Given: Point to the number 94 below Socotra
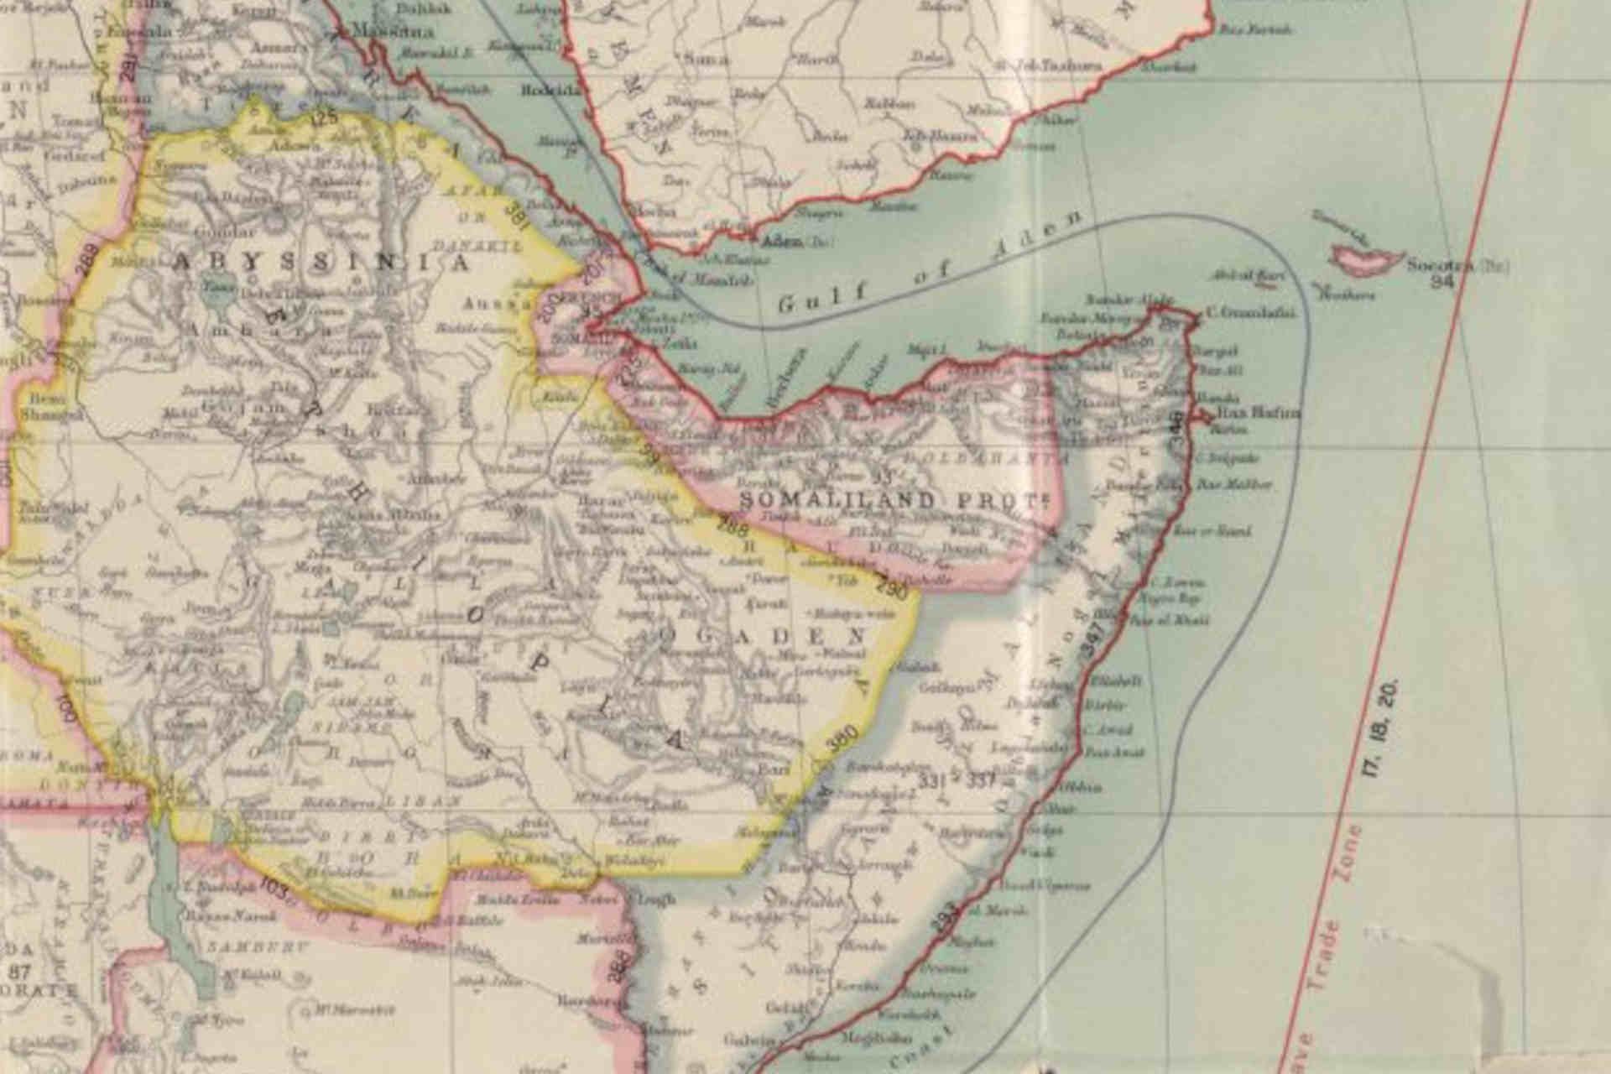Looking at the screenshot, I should tap(1442, 282).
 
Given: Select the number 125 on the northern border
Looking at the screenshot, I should tap(324, 116).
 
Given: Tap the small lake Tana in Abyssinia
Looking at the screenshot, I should tap(211, 290).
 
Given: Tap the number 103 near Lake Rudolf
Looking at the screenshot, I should tap(275, 889).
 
